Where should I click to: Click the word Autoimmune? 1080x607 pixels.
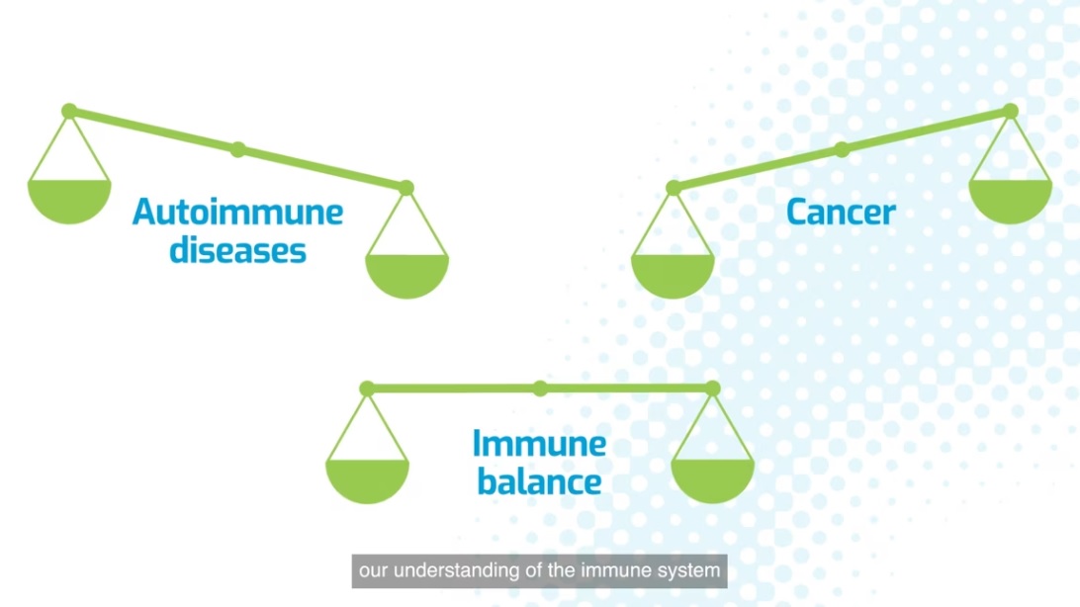pos(237,212)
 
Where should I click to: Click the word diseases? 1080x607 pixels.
pos(237,250)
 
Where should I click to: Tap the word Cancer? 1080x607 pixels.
pos(841,212)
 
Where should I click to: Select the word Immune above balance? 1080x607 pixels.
pos(539,443)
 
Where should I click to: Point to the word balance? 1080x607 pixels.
pos(539,481)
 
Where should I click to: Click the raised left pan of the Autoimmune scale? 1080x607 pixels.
pos(69,202)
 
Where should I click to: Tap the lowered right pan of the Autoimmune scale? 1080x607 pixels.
pos(406,276)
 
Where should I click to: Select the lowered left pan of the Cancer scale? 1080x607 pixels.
pos(673,276)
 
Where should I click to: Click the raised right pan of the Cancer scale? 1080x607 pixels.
pos(1011,202)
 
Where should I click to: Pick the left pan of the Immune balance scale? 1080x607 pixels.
pos(367,481)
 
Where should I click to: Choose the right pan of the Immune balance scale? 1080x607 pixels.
pos(713,481)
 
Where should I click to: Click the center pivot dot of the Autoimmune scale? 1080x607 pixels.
pos(238,149)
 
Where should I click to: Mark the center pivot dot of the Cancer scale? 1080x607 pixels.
pos(842,149)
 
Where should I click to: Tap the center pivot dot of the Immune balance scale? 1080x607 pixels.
pos(540,389)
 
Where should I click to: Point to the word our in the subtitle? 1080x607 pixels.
pos(373,571)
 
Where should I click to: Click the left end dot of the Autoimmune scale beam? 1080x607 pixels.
pos(69,111)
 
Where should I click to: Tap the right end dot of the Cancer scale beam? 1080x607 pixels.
pos(1011,111)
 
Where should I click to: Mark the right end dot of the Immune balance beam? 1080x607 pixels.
pos(713,389)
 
